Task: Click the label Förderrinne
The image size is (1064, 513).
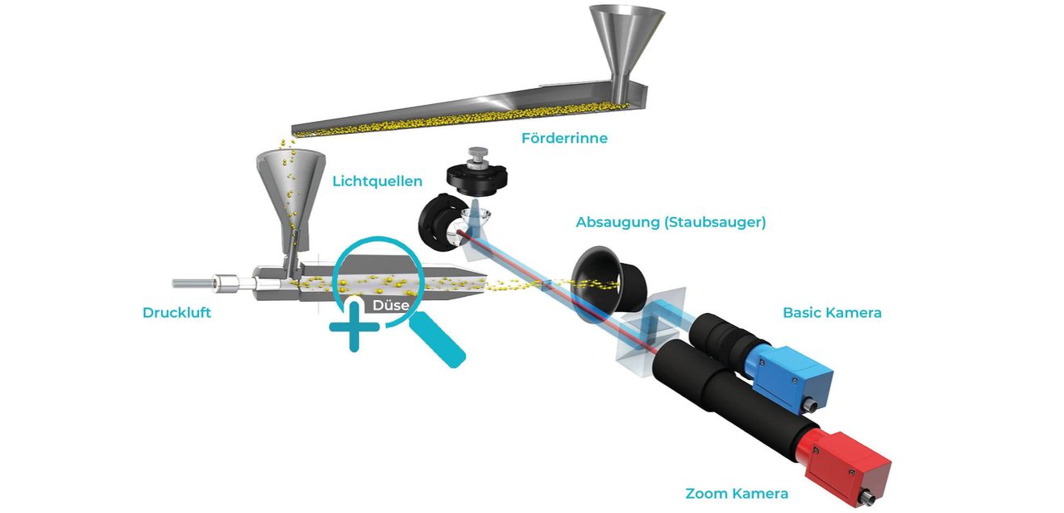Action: [564, 138]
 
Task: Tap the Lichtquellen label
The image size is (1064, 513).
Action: [377, 181]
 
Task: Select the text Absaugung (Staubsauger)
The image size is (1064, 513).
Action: [671, 222]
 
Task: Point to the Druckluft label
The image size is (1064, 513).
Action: [177, 312]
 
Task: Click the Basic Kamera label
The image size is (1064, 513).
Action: [832, 312]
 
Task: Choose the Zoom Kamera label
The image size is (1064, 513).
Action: [737, 494]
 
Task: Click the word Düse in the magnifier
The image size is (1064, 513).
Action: [390, 305]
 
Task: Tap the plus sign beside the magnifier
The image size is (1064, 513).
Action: [354, 327]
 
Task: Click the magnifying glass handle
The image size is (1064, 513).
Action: [437, 341]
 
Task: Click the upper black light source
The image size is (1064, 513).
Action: [477, 179]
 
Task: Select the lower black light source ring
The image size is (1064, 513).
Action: [434, 222]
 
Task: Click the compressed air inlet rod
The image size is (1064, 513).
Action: [193, 283]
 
